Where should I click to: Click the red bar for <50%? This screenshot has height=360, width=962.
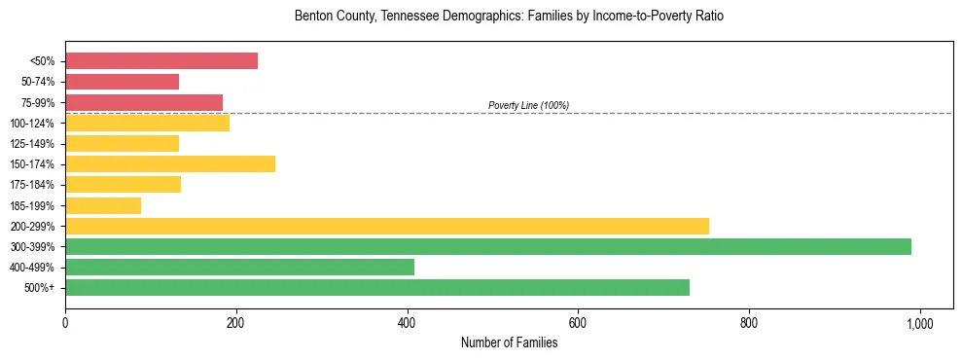click(x=161, y=61)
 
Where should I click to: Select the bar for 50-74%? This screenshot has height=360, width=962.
click(x=122, y=82)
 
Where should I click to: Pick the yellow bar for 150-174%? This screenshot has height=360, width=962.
click(x=170, y=163)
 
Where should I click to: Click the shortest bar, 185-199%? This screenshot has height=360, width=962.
click(x=103, y=205)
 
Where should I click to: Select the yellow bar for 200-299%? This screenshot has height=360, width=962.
click(x=387, y=226)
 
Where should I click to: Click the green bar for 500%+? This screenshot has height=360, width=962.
click(x=377, y=287)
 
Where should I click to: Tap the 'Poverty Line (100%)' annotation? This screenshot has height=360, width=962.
click(x=528, y=105)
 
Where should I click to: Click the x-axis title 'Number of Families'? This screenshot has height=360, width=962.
click(x=509, y=342)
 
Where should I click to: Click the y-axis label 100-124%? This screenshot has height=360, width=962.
click(x=32, y=124)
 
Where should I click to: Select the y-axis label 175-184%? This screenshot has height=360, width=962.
click(x=32, y=185)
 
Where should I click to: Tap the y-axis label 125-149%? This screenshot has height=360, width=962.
click(x=32, y=144)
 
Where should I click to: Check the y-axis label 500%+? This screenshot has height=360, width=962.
click(x=40, y=288)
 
